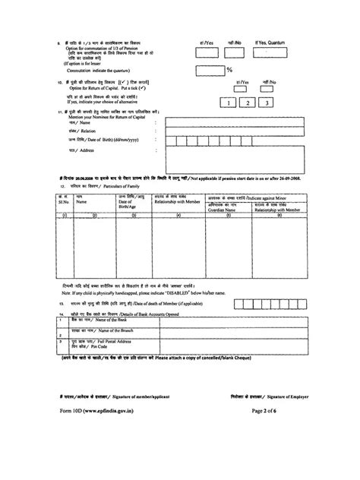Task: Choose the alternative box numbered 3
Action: [267, 103]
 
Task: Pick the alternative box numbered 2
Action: [248, 103]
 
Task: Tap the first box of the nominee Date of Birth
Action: [173, 141]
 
